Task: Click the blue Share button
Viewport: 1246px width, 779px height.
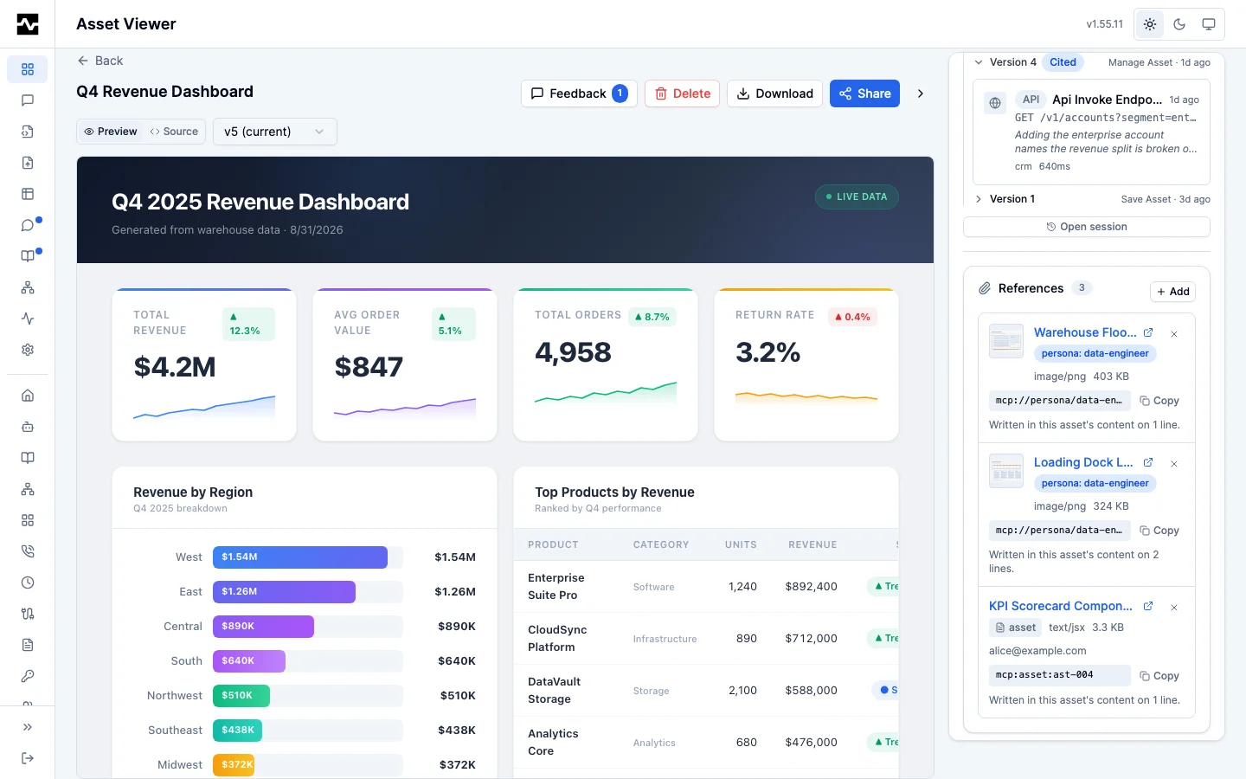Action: coord(864,93)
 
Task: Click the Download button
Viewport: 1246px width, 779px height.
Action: coord(774,93)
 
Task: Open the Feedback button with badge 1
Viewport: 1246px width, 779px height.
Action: coord(579,93)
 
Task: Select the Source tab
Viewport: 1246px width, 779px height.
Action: coord(174,132)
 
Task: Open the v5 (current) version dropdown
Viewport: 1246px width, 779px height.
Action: coord(275,132)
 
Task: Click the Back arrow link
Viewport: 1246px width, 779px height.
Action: coord(100,61)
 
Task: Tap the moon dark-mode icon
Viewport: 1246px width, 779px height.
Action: coord(1179,24)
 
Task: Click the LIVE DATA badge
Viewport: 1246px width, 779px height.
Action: coord(857,196)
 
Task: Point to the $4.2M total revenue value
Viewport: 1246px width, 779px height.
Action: coord(175,367)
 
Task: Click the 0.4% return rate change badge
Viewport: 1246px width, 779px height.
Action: coord(852,317)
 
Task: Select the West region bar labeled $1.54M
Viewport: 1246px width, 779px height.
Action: coord(299,557)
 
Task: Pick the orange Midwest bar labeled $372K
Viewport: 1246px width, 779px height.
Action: coord(234,764)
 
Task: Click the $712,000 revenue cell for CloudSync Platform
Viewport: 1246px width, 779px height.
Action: coord(811,638)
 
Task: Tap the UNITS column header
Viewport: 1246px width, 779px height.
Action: coord(741,544)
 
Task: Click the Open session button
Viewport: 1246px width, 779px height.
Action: coord(1087,227)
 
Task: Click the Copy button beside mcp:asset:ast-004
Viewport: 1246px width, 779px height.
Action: coord(1159,675)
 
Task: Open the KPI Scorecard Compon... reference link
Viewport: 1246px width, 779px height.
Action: coord(1061,606)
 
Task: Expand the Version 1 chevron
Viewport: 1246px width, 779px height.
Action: coord(979,199)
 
